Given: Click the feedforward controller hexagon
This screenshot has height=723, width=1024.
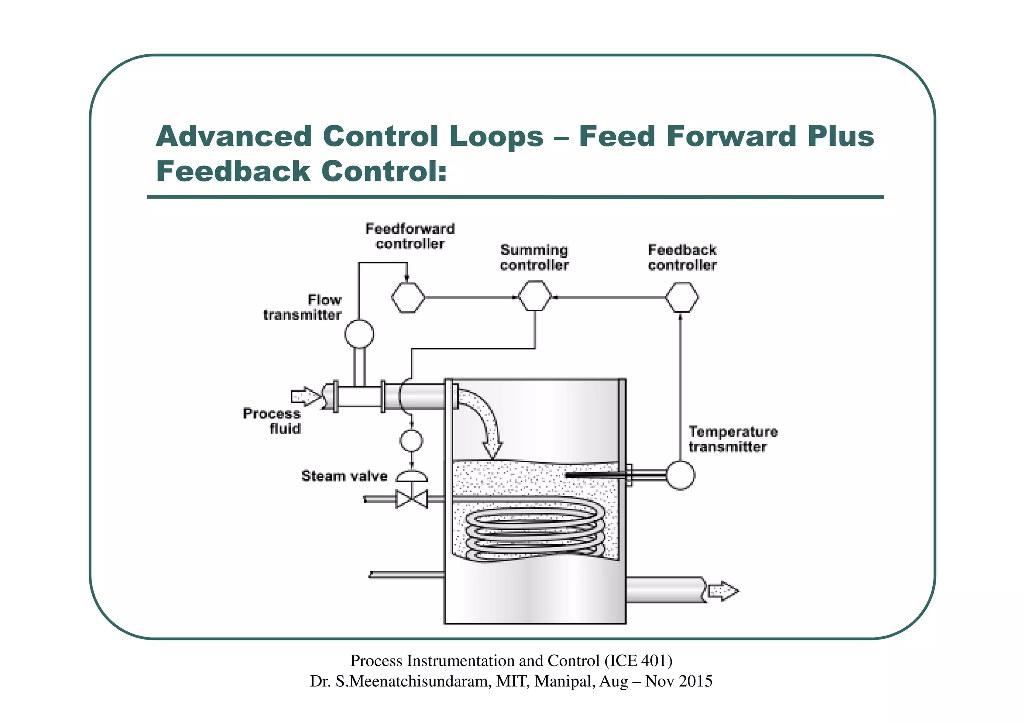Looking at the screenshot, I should click(x=408, y=298).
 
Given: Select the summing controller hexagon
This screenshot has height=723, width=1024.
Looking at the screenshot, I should click(x=534, y=296).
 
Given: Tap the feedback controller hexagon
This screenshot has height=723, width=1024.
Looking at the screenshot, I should click(x=681, y=297).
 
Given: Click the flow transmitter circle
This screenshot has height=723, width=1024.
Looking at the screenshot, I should click(x=359, y=334).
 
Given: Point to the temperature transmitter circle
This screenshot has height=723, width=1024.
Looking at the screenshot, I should click(x=680, y=475).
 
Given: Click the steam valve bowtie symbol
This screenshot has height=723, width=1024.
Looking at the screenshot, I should click(x=412, y=499).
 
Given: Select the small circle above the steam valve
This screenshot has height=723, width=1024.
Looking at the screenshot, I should click(x=411, y=441).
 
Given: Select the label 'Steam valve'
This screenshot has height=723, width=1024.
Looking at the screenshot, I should click(x=344, y=476).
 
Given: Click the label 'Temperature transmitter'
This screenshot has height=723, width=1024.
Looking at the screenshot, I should click(x=733, y=439).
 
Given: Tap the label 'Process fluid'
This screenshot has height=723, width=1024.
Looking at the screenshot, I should click(x=272, y=421).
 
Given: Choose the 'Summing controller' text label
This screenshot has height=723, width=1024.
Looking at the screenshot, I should click(x=534, y=258).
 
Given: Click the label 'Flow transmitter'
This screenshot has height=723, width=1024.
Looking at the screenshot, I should click(x=303, y=307).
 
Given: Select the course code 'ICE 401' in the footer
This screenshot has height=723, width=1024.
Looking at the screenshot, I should click(x=638, y=661).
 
